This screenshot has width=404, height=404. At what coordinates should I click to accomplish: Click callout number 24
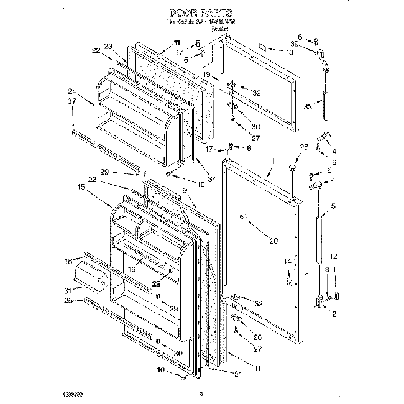coord(73,91)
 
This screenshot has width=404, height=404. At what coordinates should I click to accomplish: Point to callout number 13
coord(289,53)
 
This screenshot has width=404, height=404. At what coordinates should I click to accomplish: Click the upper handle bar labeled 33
coord(323,106)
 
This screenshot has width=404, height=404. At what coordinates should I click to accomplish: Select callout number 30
coord(179,353)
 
